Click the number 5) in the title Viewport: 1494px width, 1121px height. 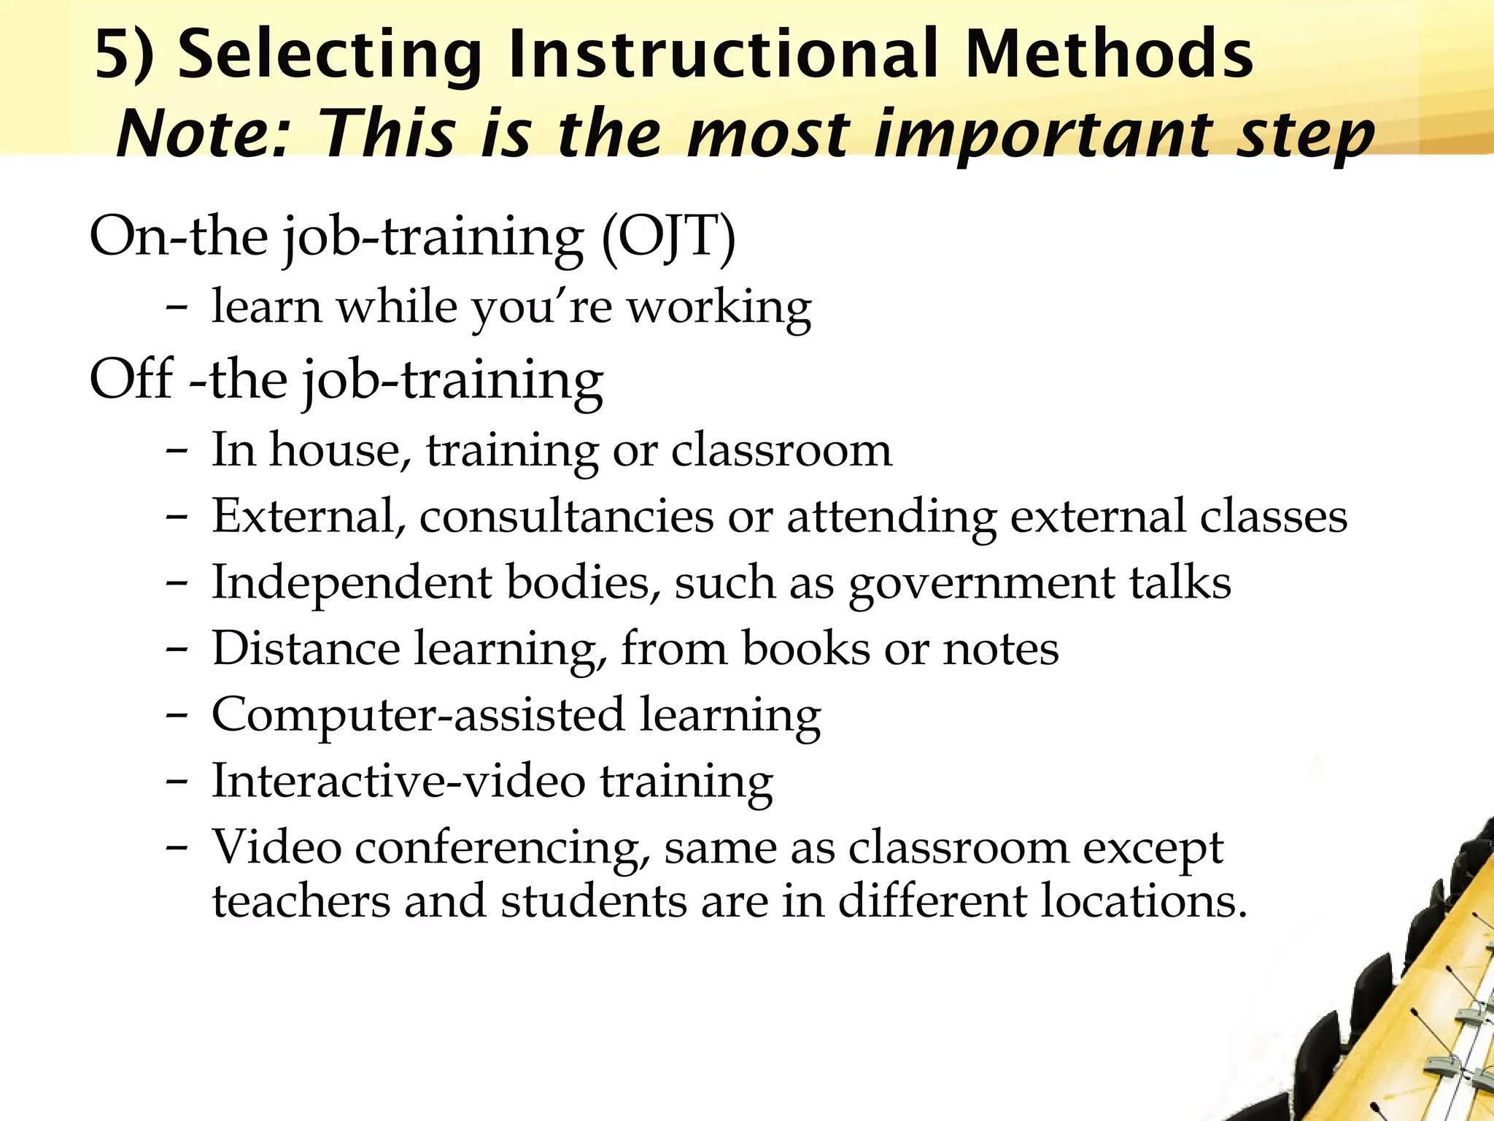(x=124, y=55)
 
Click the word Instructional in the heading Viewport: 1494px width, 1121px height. (x=722, y=55)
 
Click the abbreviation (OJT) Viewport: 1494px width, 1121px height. (x=668, y=237)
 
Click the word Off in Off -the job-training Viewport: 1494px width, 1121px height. (x=131, y=380)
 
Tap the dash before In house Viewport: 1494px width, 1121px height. (x=177, y=451)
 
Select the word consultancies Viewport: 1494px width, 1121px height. (x=566, y=517)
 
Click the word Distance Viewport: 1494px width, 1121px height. (x=306, y=648)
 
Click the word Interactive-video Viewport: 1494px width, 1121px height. (x=398, y=781)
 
